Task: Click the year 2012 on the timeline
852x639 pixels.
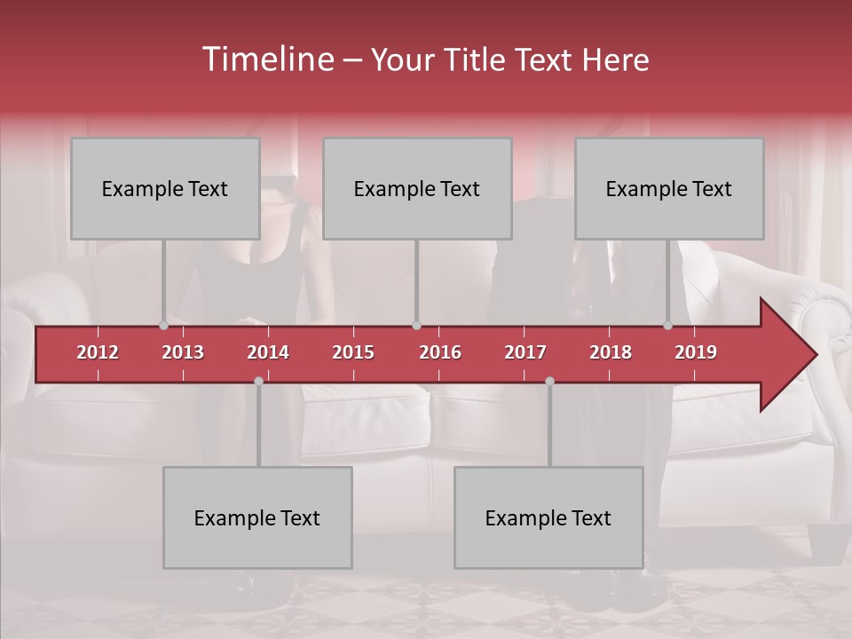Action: click(98, 352)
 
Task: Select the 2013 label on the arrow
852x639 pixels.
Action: click(183, 352)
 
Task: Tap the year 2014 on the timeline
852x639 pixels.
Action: click(268, 352)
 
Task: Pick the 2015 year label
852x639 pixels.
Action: click(353, 352)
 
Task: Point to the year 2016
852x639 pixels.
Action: click(440, 352)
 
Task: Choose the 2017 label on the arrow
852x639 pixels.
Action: click(525, 352)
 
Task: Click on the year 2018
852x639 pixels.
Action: click(611, 352)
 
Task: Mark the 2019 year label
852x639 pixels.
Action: click(696, 352)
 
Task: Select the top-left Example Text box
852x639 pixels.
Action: click(165, 189)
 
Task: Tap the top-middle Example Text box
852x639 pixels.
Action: click(417, 189)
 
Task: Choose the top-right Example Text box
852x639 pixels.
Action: click(669, 189)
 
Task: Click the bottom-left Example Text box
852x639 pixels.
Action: click(257, 518)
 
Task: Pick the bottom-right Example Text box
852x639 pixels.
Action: click(548, 518)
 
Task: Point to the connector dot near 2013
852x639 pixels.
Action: click(163, 326)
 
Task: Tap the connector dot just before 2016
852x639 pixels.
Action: click(417, 326)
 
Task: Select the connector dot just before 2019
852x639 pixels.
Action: click(668, 326)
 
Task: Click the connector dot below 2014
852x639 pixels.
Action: click(258, 381)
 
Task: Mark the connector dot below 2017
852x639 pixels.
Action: click(549, 381)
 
